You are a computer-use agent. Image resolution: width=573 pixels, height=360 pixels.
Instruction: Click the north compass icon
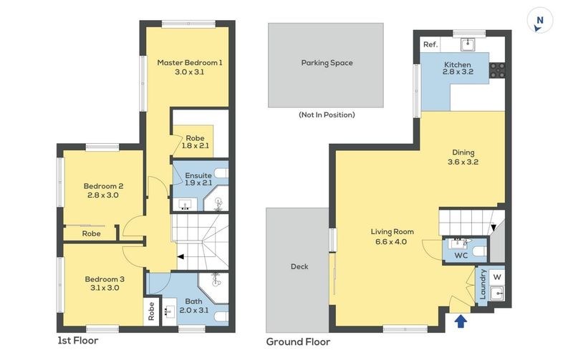(540, 21)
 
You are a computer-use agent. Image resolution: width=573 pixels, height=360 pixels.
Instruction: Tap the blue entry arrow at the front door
(461, 321)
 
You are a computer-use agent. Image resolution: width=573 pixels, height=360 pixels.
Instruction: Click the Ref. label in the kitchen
(430, 44)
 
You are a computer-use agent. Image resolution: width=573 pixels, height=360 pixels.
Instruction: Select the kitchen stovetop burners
(498, 70)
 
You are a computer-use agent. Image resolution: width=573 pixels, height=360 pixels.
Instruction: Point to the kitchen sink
(468, 45)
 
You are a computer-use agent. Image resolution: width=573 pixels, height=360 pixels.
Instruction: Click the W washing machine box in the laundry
(496, 277)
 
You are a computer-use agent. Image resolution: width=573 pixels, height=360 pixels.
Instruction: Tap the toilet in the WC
(479, 251)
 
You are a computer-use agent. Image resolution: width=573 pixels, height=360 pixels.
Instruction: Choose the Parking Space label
(327, 63)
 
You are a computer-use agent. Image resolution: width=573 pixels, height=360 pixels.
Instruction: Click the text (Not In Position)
(327, 115)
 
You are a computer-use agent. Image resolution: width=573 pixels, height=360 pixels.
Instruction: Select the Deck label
(299, 266)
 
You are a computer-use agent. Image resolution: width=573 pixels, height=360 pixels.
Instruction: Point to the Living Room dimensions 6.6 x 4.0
(391, 242)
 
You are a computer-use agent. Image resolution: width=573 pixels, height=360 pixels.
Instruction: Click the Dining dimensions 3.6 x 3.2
(463, 162)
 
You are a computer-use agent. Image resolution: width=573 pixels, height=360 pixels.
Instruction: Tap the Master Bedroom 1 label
(190, 63)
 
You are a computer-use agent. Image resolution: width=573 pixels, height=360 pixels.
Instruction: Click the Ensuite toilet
(221, 172)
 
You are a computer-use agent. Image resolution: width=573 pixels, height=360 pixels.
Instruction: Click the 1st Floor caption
(78, 341)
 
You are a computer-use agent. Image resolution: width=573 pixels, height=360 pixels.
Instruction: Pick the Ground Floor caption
(298, 342)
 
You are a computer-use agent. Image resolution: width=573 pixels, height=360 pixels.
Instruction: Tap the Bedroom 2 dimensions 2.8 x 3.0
(102, 195)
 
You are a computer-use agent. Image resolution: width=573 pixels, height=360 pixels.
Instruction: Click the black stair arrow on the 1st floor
(180, 257)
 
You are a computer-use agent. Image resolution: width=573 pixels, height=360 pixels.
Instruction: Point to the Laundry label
(482, 284)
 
